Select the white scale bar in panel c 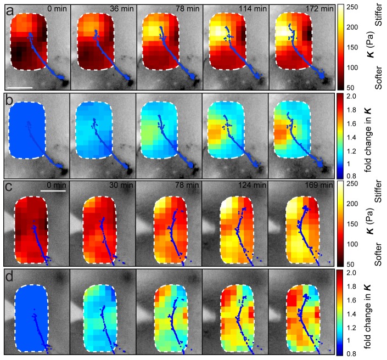tap(53, 191)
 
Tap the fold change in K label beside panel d tap(378, 310)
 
